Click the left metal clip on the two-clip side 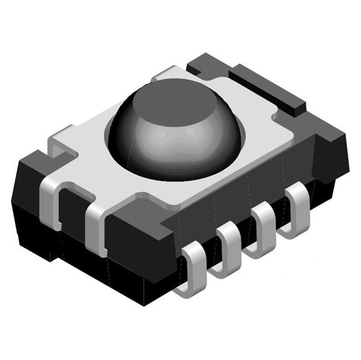(x=51, y=201)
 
